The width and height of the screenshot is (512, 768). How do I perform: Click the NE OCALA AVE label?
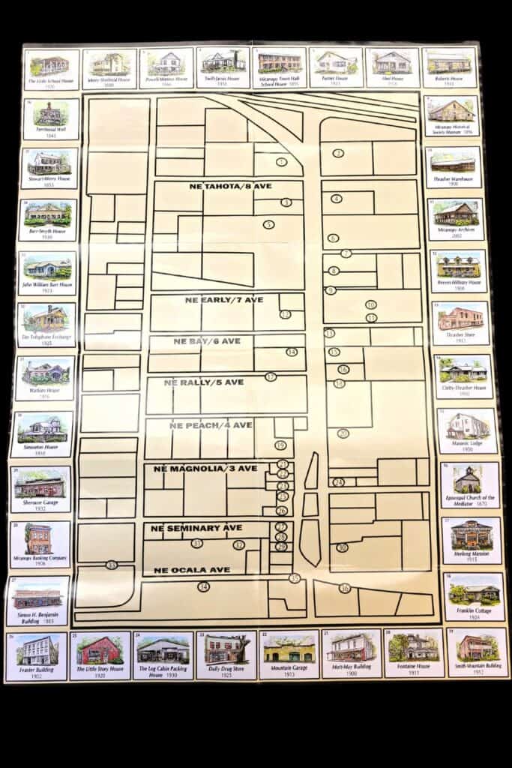(x=192, y=570)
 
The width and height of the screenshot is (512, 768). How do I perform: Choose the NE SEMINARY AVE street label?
(x=198, y=528)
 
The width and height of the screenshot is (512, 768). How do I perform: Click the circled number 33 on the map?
(x=112, y=565)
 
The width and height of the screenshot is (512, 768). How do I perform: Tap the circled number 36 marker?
(x=345, y=588)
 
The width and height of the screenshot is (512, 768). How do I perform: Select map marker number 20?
(x=343, y=433)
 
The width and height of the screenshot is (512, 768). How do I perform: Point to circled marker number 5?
(x=269, y=224)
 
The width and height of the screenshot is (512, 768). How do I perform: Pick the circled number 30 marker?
(x=342, y=547)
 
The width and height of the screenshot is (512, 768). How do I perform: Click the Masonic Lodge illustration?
(x=468, y=426)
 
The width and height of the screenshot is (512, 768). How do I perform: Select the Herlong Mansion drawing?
(x=471, y=532)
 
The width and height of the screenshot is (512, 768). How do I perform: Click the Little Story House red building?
(x=99, y=649)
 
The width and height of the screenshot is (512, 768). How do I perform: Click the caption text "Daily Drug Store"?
(x=226, y=667)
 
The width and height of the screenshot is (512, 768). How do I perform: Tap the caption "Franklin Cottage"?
(x=474, y=610)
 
